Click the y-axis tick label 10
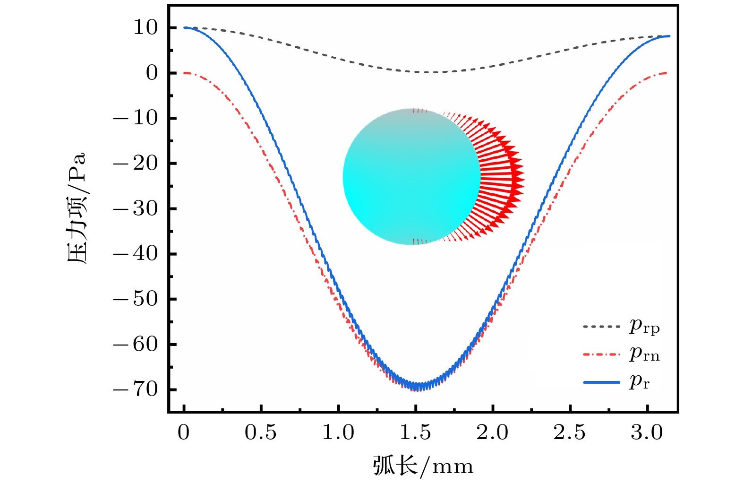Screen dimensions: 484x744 coord(145,28)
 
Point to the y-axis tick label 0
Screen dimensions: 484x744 coord(152,73)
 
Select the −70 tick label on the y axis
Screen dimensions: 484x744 coord(136,390)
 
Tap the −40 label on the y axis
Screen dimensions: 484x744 coord(136,254)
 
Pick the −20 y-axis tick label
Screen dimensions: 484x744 coord(136,164)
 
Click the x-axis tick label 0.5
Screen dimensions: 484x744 coord(261,432)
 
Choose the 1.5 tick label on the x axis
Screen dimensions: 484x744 coord(415,432)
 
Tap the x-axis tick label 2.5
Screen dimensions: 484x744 coord(570,432)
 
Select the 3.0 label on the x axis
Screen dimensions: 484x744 coord(647,432)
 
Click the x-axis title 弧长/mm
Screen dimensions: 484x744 coord(423,466)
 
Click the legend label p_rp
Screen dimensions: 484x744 coord(644,326)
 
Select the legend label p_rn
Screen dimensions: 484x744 coord(644,354)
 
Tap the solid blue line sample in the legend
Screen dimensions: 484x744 coord(601,382)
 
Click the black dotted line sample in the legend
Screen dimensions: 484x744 coord(601,326)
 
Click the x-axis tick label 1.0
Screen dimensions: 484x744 coord(338,432)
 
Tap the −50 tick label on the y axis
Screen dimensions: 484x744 coord(136,299)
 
